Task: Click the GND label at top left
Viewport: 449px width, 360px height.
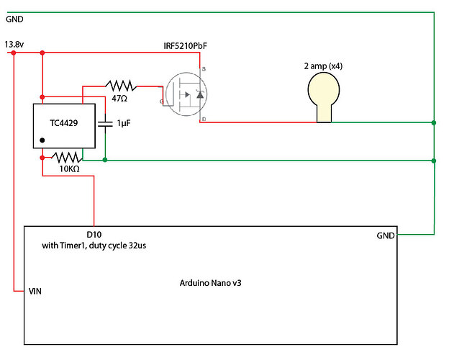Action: click(15, 19)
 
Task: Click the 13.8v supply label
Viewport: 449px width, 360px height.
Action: click(15, 44)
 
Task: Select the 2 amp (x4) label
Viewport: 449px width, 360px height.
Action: click(323, 66)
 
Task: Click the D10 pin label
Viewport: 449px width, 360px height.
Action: click(95, 235)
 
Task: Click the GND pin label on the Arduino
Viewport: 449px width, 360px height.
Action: click(385, 235)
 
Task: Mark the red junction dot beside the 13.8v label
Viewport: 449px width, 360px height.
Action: click(15, 53)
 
